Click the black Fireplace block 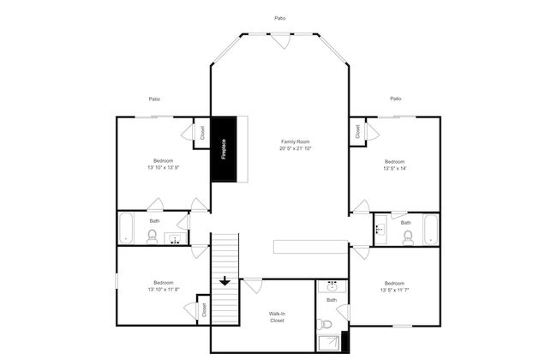click(224, 149)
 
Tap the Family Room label click(296, 141)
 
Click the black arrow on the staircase click(225, 281)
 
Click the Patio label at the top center click(280, 18)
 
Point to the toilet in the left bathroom click(152, 237)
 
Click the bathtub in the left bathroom click(126, 228)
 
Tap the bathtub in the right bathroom click(432, 229)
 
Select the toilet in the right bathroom click(408, 237)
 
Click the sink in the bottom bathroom click(332, 286)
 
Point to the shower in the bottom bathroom click(329, 344)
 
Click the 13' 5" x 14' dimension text click(395, 169)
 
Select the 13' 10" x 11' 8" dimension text click(164, 289)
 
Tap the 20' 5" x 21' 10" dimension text click(296, 148)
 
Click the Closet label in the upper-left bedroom click(202, 133)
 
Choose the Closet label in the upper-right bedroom click(357, 131)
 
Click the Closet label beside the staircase click(204, 310)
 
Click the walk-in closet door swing click(253, 286)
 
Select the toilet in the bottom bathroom click(324, 324)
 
